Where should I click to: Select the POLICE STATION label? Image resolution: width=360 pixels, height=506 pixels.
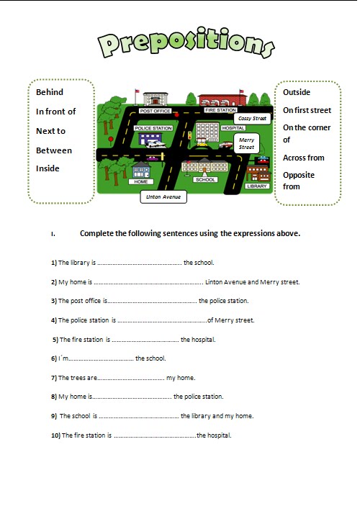[154, 128]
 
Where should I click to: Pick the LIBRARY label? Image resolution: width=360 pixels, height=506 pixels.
[256, 186]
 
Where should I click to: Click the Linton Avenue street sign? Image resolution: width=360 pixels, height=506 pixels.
[163, 196]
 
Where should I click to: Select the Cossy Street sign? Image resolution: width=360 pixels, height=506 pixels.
[252, 117]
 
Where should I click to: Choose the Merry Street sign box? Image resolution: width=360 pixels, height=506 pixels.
[246, 143]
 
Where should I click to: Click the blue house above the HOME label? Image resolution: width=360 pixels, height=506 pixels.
[140, 171]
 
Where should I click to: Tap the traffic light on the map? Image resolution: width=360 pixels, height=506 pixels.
[190, 135]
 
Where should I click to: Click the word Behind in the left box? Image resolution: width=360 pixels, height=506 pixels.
[50, 92]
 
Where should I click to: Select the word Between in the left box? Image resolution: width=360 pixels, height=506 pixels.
[54, 150]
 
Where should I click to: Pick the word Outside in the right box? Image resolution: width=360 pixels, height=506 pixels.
[297, 92]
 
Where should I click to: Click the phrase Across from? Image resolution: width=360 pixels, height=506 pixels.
[304, 158]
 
